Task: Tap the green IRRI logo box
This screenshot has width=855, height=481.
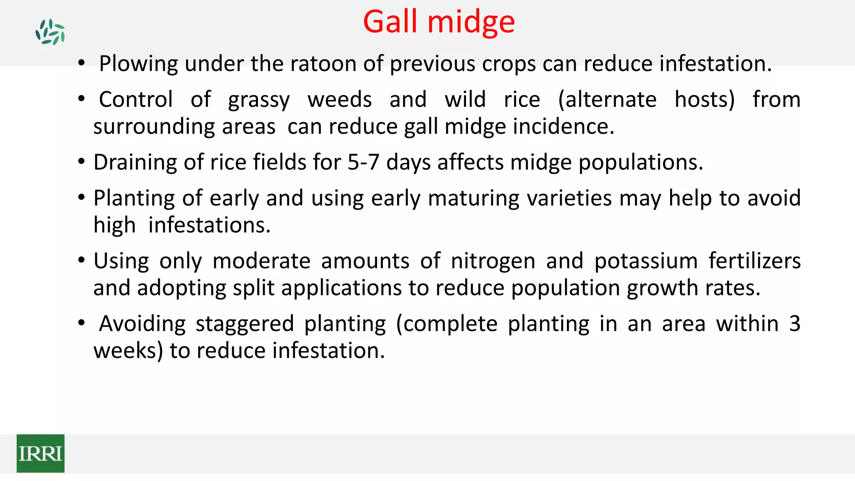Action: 40,453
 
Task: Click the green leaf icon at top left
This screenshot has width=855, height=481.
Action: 50,32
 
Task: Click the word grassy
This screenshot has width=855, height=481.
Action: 259,100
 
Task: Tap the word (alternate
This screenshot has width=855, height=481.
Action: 607,100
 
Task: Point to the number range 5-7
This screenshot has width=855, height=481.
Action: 363,162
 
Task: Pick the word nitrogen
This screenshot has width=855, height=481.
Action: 493,261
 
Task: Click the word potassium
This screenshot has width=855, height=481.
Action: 646,261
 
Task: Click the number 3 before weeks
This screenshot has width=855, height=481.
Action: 794,324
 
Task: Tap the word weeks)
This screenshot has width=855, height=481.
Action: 128,351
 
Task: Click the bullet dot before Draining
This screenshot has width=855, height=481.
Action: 81,162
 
